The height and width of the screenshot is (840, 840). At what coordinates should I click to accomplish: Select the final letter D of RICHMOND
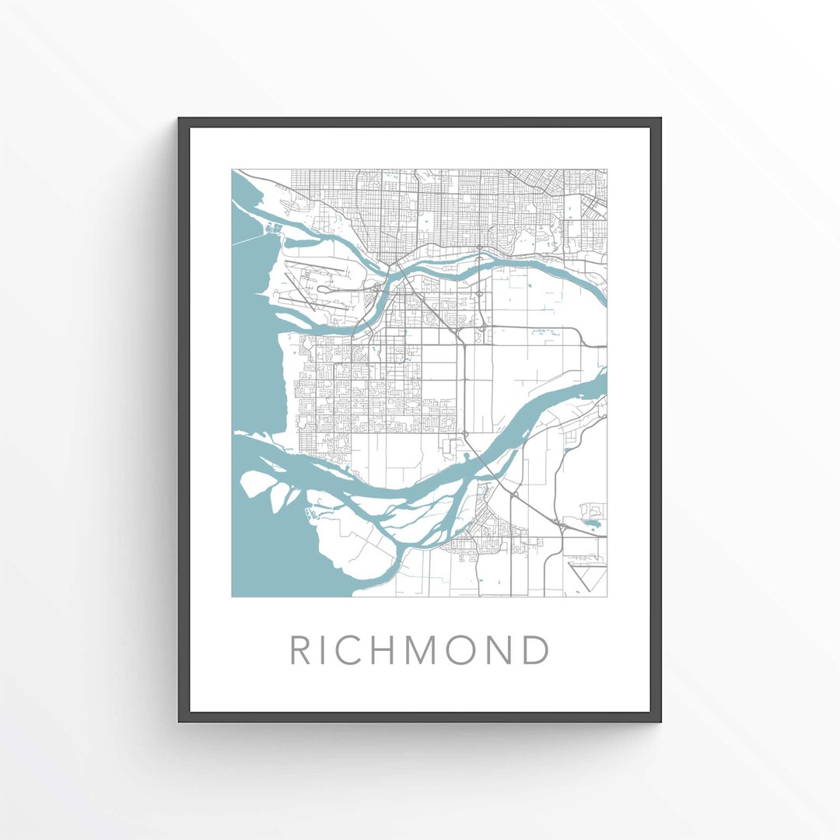tap(536, 650)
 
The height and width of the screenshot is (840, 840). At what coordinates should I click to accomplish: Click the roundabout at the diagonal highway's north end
tap(464, 434)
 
